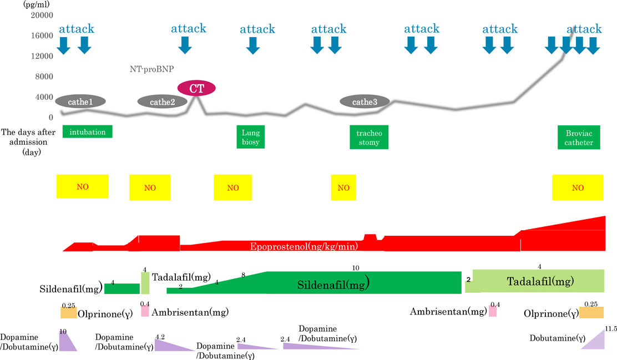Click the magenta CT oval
196,88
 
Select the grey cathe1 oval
80,102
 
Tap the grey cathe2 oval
163,102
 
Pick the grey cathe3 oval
365,102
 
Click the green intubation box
88,131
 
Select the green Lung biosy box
251,137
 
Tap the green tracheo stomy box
369,137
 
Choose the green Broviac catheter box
579,137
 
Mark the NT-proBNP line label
152,69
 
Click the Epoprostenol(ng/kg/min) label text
304,246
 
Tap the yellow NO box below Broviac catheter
578,187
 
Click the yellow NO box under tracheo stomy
343,187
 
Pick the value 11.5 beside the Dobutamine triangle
611,328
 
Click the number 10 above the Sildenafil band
356,267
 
